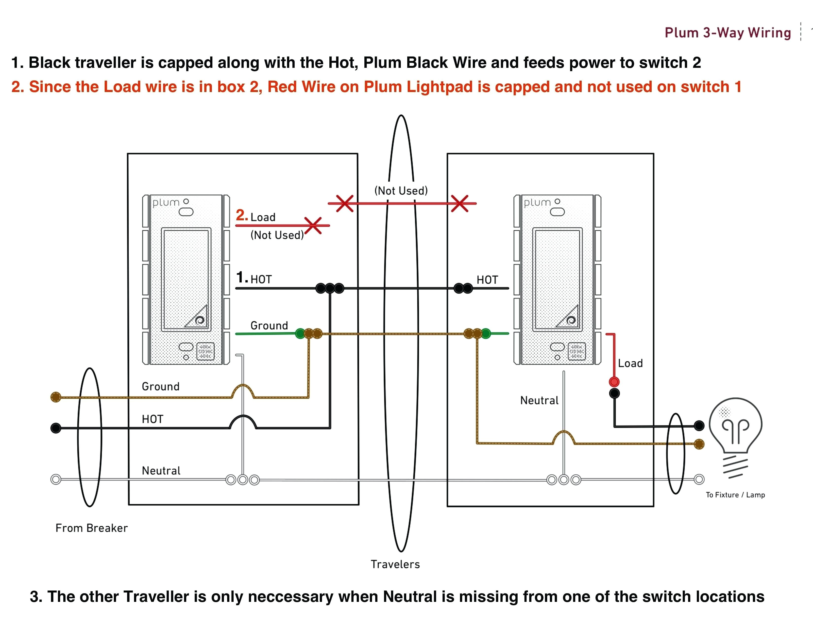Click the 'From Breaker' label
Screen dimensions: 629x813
pos(92,528)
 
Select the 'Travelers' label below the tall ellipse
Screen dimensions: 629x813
pos(395,564)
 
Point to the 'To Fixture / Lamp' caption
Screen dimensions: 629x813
pos(735,495)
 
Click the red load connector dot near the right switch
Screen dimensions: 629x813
pos(614,382)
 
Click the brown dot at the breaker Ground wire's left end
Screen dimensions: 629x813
pos(56,397)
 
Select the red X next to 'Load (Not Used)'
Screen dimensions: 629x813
pos(313,225)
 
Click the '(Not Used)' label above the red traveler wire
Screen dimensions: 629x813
pos(401,191)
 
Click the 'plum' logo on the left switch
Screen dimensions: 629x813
pos(166,203)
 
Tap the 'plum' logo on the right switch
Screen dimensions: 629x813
pos(537,203)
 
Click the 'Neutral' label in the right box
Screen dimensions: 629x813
pos(539,401)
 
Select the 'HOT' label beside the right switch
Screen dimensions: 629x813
pos(487,280)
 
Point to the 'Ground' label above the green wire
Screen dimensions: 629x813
pos(269,326)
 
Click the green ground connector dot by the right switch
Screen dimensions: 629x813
pos(486,333)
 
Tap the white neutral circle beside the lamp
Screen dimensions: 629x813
pos(699,479)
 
